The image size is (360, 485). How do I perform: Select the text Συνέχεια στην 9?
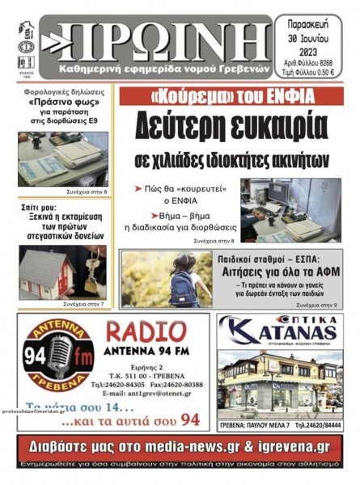coord(318,306)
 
